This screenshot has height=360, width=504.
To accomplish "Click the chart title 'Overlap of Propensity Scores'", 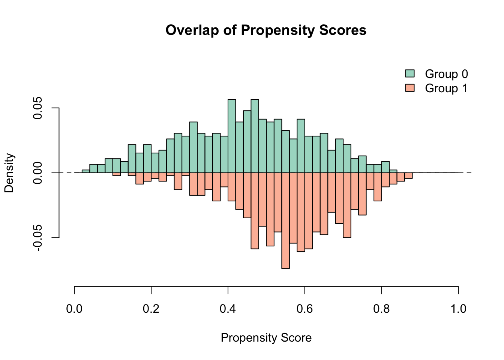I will [x=266, y=30].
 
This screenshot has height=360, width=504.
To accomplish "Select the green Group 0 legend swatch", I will [x=410, y=74].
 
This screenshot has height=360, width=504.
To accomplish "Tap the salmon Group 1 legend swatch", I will [x=410, y=88].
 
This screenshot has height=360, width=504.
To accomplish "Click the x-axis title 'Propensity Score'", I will [x=266, y=338].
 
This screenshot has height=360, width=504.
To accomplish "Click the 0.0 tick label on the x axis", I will [x=74, y=309].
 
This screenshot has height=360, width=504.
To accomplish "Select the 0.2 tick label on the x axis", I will [x=151, y=309].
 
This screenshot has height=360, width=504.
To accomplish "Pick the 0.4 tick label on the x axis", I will [x=228, y=309].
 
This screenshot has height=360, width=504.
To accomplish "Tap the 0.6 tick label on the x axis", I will [x=304, y=309].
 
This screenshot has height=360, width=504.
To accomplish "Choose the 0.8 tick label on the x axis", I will [x=381, y=309].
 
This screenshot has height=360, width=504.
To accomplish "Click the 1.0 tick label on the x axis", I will [x=458, y=309].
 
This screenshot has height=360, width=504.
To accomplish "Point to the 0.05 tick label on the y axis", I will [x=38, y=108].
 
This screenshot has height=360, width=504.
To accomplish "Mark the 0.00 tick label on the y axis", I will [x=38, y=173].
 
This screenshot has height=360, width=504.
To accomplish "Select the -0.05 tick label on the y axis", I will [x=38, y=238].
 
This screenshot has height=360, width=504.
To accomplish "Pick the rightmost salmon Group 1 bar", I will [x=408, y=175].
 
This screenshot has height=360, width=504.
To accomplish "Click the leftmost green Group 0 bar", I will [x=86, y=171].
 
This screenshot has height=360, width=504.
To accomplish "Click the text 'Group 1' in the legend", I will [x=446, y=88].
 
